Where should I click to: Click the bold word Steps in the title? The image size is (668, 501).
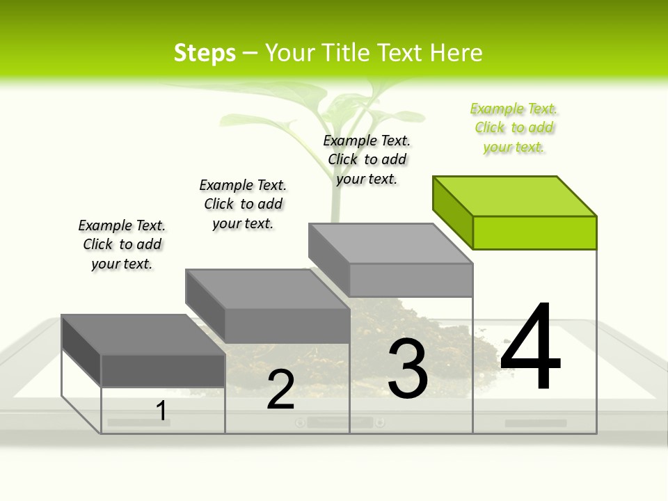tap(205, 53)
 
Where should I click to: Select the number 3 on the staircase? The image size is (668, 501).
tap(407, 369)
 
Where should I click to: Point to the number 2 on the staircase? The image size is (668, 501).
tap(280, 390)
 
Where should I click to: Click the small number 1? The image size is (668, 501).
tap(161, 411)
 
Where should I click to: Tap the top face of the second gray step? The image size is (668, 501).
tap(268, 289)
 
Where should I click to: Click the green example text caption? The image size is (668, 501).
tap(514, 128)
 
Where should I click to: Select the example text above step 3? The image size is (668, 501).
tap(367, 159)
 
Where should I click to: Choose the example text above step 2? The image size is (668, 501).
tap(243, 204)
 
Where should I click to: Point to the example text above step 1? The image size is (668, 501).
tap(122, 244)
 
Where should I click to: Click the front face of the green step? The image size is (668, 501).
tap(534, 232)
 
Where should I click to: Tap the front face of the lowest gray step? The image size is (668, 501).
tap(163, 370)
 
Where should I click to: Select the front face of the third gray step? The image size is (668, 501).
tap(411, 280)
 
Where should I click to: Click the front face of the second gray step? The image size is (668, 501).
tap(287, 326)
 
